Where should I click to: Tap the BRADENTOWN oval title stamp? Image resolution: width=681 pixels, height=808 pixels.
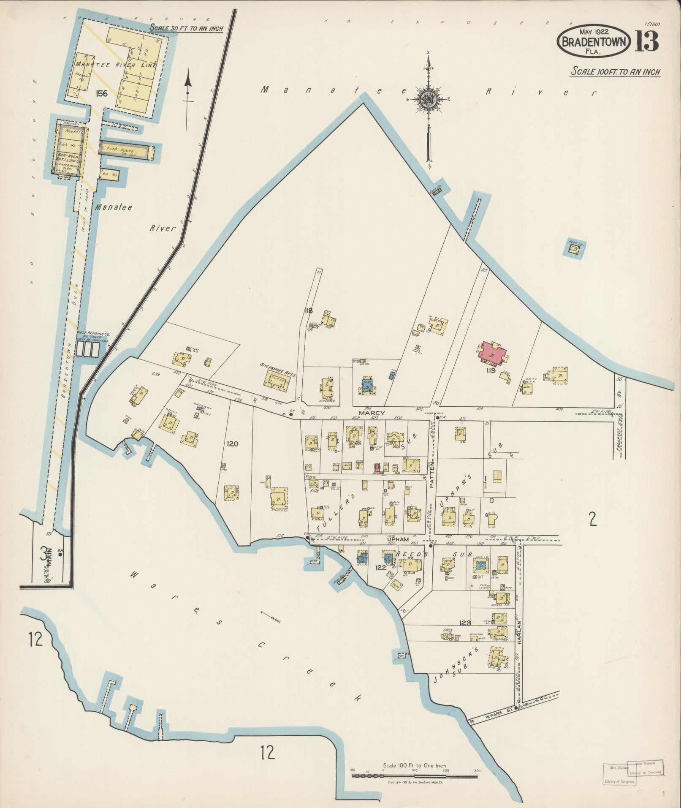tap(594, 42)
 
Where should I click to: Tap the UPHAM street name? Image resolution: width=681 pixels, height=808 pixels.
tap(398, 539)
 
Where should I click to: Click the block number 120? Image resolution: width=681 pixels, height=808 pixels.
tap(233, 443)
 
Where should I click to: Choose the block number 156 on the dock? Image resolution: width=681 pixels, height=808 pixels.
tap(102, 93)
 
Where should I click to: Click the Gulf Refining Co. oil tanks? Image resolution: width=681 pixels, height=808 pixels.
tap(89, 349)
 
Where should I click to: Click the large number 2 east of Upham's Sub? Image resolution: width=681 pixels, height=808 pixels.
tap(593, 519)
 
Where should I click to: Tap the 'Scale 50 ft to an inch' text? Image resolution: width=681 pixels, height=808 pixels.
tap(186, 28)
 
